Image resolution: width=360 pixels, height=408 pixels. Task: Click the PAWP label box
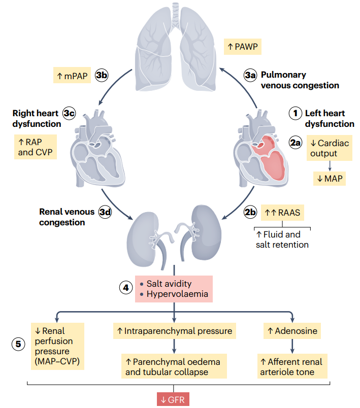point(242,47)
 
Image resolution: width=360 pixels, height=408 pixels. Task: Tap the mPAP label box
point(72,75)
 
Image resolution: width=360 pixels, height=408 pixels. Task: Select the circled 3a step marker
point(250,75)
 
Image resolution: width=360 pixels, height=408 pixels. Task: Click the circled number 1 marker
point(296,114)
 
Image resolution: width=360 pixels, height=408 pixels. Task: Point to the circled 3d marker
point(105,212)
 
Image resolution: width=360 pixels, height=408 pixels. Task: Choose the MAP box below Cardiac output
point(330,179)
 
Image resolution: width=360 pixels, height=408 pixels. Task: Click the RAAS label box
point(282,213)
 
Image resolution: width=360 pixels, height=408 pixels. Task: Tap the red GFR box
point(173,399)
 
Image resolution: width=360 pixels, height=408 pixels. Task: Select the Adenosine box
point(292,331)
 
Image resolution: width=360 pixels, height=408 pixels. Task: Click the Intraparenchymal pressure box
point(174,331)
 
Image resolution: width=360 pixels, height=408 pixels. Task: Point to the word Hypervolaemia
point(177,294)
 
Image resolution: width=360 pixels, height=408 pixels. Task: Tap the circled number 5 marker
point(18,344)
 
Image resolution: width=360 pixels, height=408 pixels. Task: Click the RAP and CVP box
point(36,147)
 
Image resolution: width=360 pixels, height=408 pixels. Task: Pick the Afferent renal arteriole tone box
point(292,366)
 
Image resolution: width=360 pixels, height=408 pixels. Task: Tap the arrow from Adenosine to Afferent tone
point(292,346)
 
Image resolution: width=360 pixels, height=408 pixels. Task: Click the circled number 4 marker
point(126,288)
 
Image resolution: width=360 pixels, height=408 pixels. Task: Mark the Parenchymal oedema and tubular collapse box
point(174,366)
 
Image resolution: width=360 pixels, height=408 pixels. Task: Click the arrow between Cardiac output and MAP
point(330,166)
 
